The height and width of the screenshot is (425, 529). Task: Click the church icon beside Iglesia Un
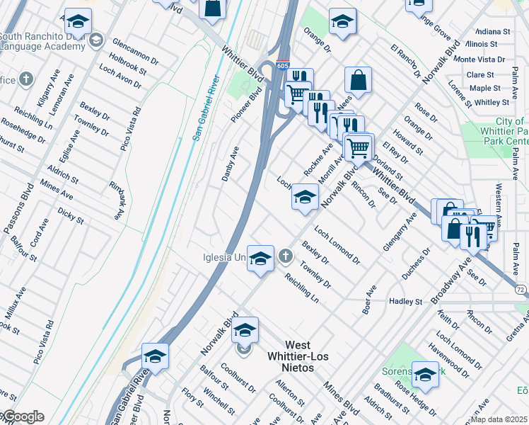click(285, 255)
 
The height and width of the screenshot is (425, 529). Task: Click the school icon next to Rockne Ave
click(305, 198)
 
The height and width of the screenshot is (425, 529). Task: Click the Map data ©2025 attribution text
click(499, 419)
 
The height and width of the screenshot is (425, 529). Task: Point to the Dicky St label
click(71, 215)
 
